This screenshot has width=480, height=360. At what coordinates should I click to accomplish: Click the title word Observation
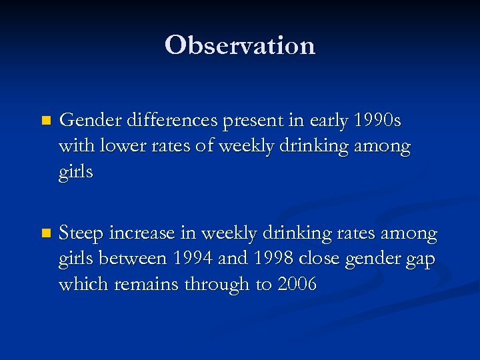240,45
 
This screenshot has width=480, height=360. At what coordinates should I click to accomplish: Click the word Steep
81,234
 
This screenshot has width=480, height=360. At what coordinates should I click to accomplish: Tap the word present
247,122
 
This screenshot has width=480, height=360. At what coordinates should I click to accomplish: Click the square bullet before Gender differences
45,122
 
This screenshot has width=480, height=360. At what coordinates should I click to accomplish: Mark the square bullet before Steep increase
45,235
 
